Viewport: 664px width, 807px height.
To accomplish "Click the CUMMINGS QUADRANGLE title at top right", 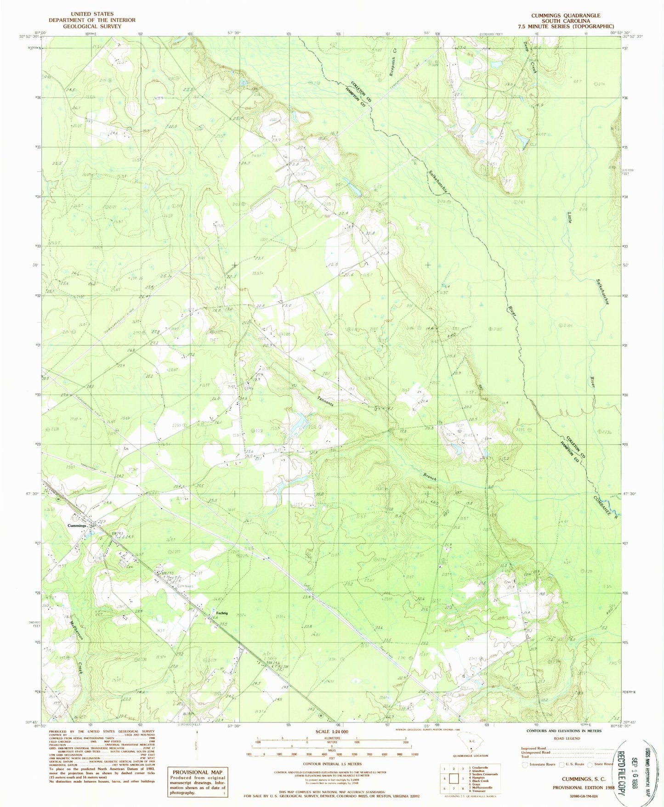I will pos(565,15).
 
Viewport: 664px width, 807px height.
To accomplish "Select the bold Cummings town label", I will pos(77,525).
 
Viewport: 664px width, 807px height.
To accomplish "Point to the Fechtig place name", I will pos(221,613).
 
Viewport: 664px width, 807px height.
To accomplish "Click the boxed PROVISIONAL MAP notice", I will pos(198,781).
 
